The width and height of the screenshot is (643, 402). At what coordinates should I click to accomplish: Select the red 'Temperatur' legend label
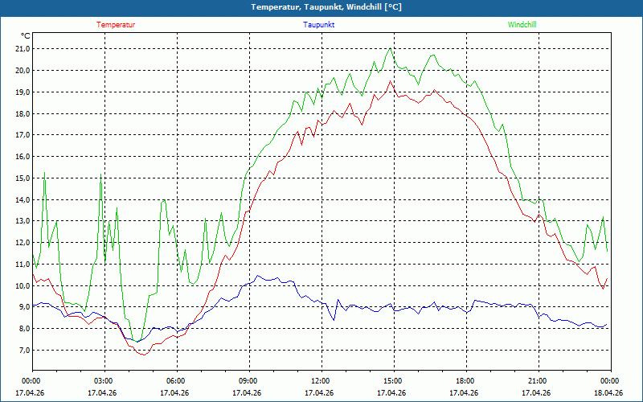coord(116,25)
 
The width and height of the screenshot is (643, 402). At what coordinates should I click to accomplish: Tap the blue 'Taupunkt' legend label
coord(319,25)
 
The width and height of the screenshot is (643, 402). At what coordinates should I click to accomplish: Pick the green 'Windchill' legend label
coord(522,25)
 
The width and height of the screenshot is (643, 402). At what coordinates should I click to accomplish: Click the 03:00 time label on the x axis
coord(104,381)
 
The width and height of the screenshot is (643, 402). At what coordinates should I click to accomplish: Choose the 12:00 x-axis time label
coord(321,381)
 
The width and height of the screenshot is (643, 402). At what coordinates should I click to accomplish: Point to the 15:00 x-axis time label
coord(393,381)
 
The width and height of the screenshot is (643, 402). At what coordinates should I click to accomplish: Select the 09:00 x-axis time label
coord(248,381)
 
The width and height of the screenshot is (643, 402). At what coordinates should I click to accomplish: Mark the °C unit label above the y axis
coord(26,36)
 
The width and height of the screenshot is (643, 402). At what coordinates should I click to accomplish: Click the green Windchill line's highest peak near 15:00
coord(391,48)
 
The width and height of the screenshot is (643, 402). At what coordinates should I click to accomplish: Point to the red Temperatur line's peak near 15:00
coord(391,81)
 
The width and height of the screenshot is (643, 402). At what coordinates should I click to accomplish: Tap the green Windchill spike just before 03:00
coord(101,175)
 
